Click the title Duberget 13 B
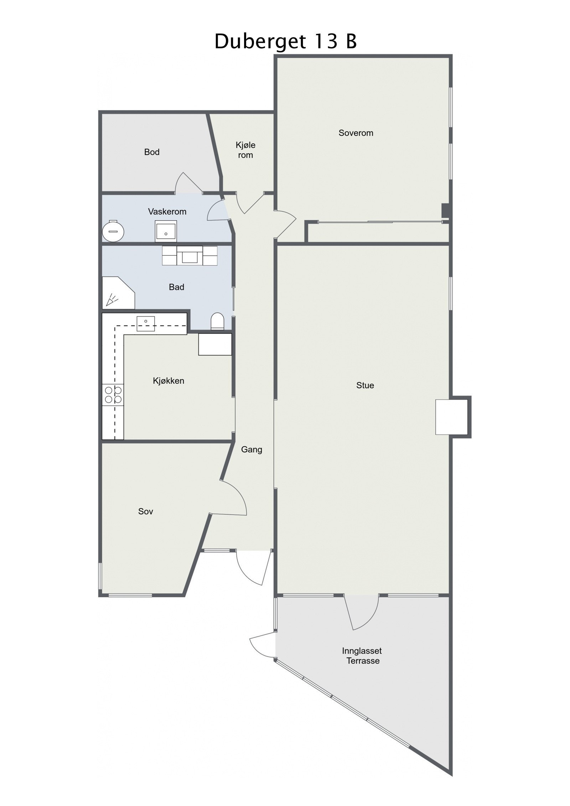285,41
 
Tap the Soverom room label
356,133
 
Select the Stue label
365,385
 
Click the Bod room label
151,152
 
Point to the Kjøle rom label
245,150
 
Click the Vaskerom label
167,212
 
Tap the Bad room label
176,287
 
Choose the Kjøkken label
168,381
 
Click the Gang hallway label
252,449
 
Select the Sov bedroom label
145,511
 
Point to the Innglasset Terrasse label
362,656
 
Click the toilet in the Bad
217,321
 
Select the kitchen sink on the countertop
146,323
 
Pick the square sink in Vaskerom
166,231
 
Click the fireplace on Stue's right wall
451,417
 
